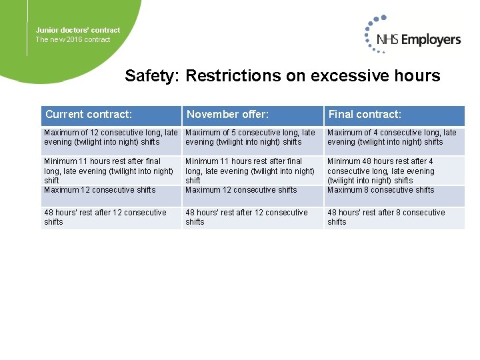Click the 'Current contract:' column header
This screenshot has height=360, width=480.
click(89, 115)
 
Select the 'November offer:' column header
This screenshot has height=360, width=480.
click(227, 115)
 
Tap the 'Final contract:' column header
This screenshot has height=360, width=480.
click(365, 115)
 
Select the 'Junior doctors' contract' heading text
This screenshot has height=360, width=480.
click(78, 30)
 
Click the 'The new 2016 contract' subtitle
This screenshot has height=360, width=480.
click(73, 39)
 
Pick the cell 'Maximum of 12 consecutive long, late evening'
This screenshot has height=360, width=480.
click(110, 137)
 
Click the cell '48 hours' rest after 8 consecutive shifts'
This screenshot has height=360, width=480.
click(385, 217)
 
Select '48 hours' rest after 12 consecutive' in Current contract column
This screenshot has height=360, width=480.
click(105, 217)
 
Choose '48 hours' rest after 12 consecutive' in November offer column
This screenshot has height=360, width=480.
click(246, 217)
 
